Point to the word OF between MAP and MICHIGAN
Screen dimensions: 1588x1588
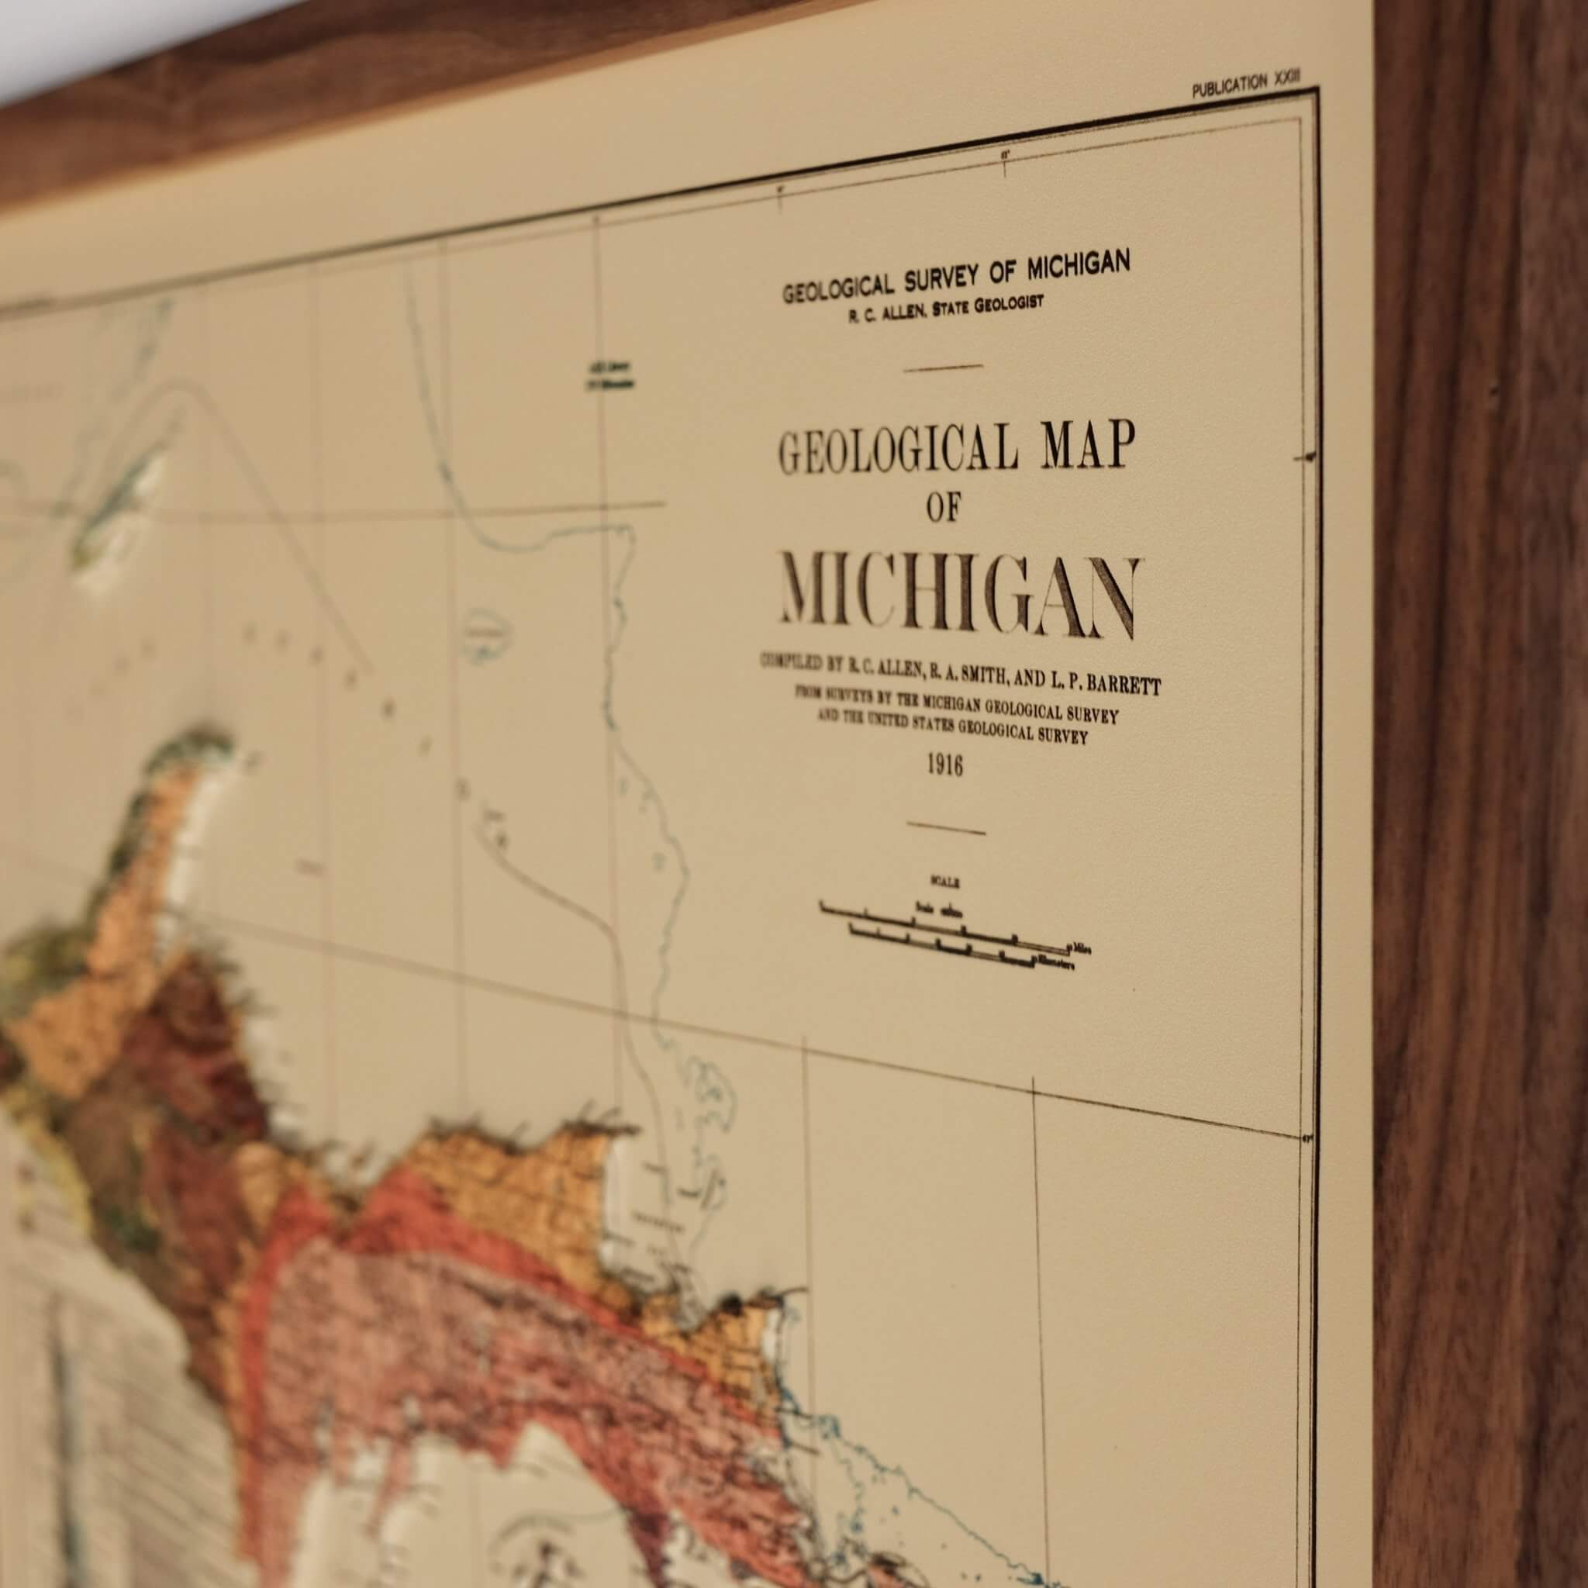(943, 511)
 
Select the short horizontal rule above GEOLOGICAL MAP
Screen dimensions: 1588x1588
(943, 368)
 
